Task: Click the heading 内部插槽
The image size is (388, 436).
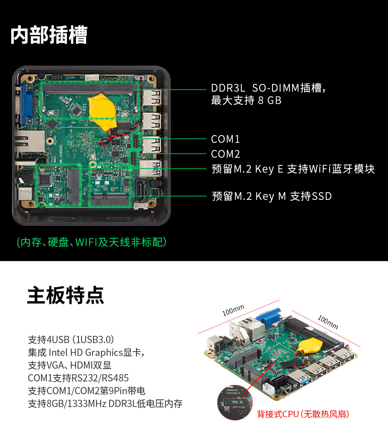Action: coord(49,35)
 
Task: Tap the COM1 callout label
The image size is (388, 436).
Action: coord(225,139)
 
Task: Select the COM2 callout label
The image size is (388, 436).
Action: coord(225,154)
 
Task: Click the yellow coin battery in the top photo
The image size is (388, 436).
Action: coord(102,111)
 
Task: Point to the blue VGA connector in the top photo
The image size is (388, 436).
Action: coord(26,104)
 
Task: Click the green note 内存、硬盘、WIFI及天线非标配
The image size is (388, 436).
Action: coord(92,242)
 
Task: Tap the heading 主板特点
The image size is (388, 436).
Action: coord(66,295)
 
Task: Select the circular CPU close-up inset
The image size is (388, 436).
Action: coord(235,402)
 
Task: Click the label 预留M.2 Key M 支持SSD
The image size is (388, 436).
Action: coord(272,196)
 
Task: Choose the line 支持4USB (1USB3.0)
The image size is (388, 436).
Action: coord(71,340)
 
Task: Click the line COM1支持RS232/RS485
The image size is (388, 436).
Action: coord(78,378)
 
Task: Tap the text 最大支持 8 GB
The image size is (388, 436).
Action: coord(246,101)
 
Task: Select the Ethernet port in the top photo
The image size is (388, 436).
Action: coord(30,141)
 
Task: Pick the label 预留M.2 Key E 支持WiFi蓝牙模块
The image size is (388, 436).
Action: coord(293,169)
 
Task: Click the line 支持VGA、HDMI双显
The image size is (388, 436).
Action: coord(69,365)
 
